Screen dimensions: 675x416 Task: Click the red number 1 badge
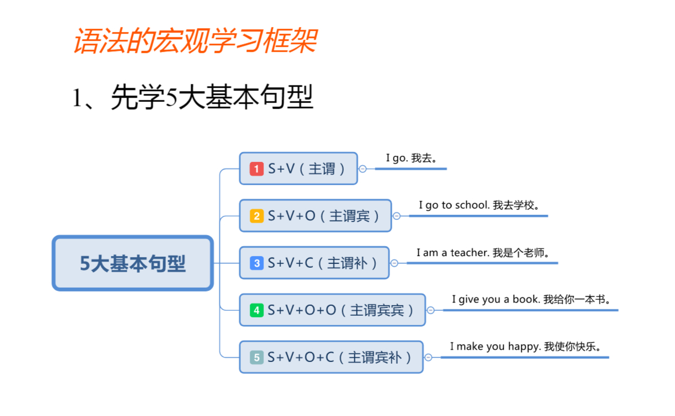(256, 169)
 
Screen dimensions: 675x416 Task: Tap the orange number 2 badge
(256, 216)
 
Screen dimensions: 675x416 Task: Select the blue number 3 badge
(256, 263)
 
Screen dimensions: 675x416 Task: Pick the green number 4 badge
(256, 310)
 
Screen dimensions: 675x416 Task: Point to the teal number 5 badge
(256, 358)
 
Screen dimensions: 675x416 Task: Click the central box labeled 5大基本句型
(133, 263)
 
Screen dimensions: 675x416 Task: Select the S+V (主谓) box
(298, 169)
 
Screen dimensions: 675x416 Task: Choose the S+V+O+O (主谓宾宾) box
(332, 310)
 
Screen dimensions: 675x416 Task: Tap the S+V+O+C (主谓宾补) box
(331, 358)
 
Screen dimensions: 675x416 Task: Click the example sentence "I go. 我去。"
(411, 158)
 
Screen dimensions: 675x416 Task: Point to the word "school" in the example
(472, 205)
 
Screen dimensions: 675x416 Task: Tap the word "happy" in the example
(525, 347)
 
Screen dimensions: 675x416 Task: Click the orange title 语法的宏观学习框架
(196, 41)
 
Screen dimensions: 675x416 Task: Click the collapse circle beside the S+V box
(363, 169)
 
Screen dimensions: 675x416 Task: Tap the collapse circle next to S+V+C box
(394, 263)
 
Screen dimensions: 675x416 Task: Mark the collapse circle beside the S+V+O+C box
(428, 358)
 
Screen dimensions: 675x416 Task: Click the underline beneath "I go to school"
(478, 216)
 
